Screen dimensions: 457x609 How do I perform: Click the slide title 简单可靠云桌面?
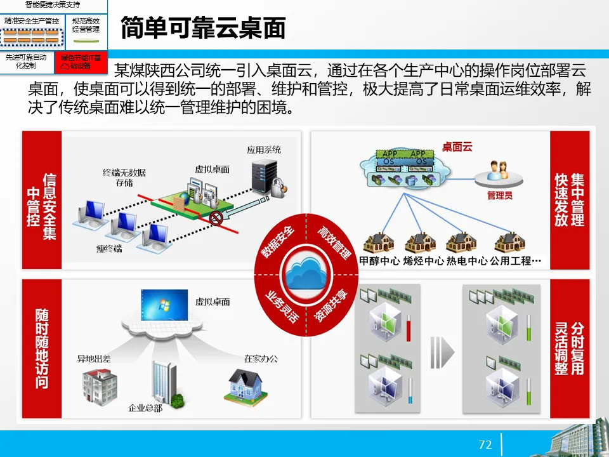202,29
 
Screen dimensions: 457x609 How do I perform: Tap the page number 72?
485,444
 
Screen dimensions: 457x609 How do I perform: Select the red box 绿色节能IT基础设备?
81,62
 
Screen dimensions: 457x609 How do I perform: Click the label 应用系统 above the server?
264,150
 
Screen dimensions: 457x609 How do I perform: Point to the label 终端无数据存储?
124,177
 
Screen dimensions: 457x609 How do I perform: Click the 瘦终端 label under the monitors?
110,248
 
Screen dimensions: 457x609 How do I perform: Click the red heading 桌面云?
457,147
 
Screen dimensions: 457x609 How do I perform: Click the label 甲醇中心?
379,261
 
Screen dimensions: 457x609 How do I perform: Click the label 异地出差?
94,359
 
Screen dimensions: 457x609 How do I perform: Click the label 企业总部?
145,407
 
